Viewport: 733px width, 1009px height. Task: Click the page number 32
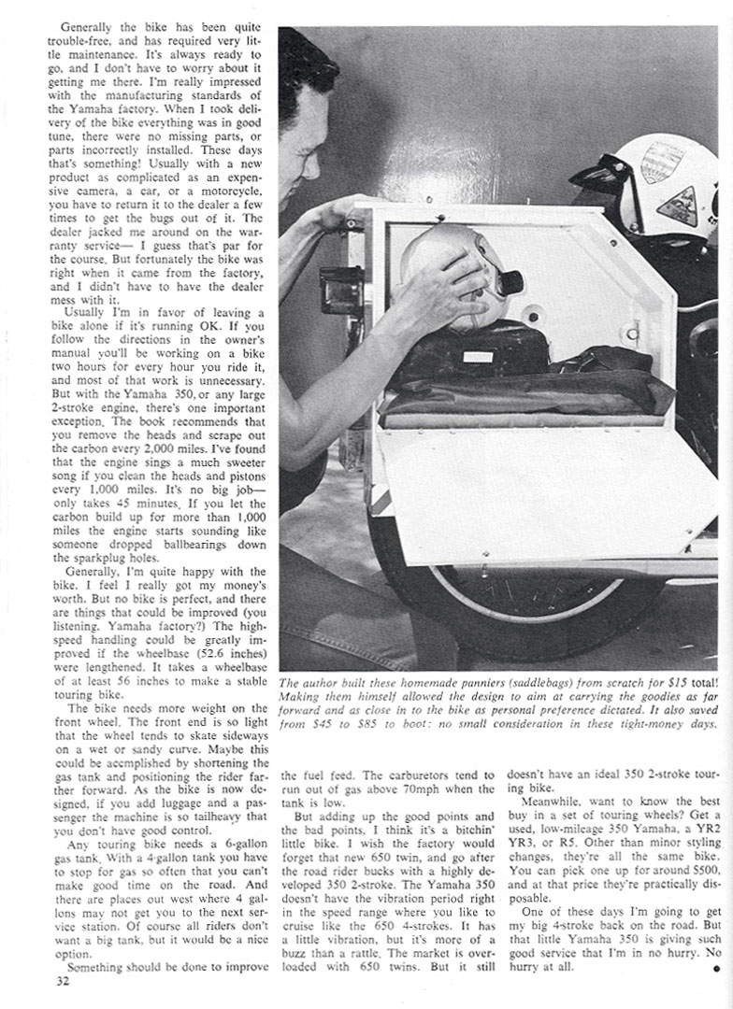[x=63, y=981]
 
